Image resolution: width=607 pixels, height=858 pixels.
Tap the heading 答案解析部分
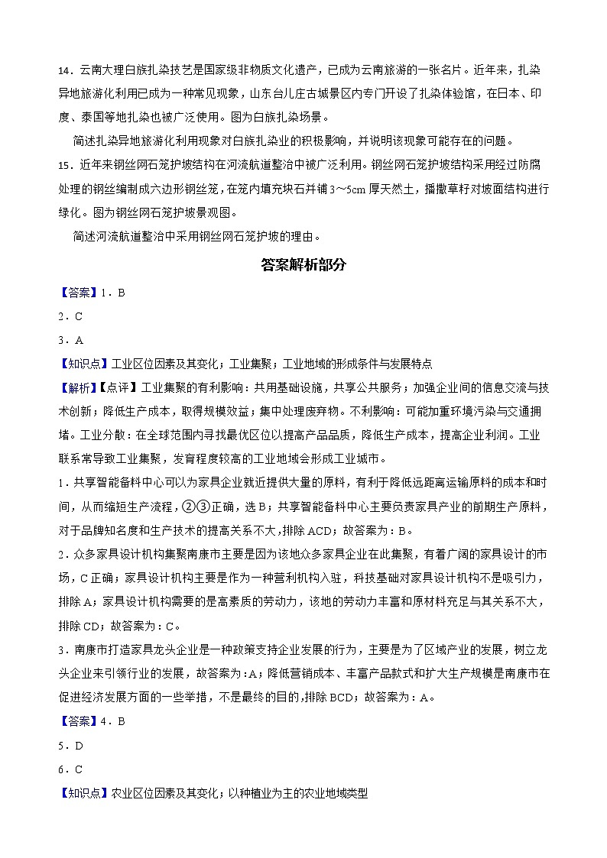coord(303,265)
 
